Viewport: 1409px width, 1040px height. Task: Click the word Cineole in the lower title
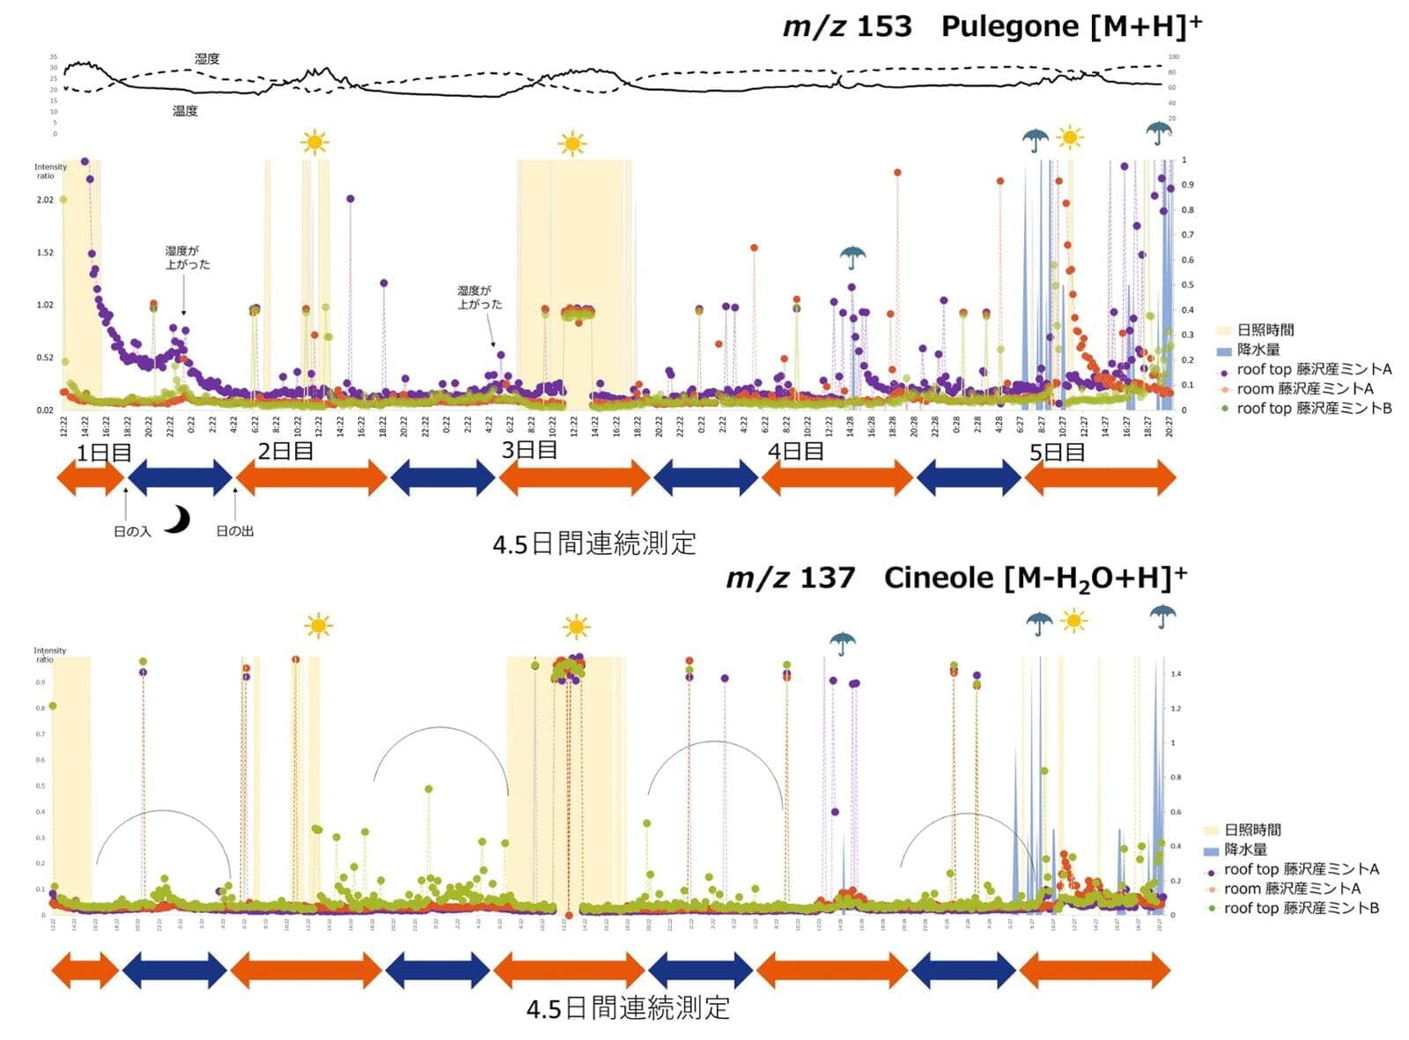click(x=938, y=579)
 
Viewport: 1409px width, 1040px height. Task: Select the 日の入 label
click(x=132, y=532)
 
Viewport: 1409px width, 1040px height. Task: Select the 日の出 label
click(x=235, y=532)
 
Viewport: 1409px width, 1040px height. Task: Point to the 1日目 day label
click(x=104, y=454)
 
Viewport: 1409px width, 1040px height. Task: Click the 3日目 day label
click(x=529, y=450)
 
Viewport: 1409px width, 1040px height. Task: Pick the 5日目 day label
click(x=1057, y=453)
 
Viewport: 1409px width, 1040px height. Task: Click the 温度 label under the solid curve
click(x=185, y=111)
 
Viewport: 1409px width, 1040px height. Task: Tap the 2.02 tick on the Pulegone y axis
click(x=45, y=200)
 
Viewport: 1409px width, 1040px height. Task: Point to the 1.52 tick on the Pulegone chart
click(x=45, y=253)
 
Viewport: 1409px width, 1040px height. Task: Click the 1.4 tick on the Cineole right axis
click(x=1176, y=674)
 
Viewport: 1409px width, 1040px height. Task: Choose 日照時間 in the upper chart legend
click(x=1265, y=330)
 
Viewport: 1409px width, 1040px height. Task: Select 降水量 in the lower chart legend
click(x=1244, y=850)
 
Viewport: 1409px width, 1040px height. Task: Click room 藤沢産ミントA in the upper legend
click(x=1304, y=388)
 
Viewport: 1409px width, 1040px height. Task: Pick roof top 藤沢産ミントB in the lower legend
click(x=1301, y=908)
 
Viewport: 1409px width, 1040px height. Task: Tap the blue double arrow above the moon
click(x=181, y=477)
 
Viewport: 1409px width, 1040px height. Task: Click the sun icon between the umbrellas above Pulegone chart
click(x=1070, y=137)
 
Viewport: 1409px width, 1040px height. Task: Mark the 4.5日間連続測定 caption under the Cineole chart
click(x=628, y=1008)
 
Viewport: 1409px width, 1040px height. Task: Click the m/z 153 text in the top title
click(x=847, y=26)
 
